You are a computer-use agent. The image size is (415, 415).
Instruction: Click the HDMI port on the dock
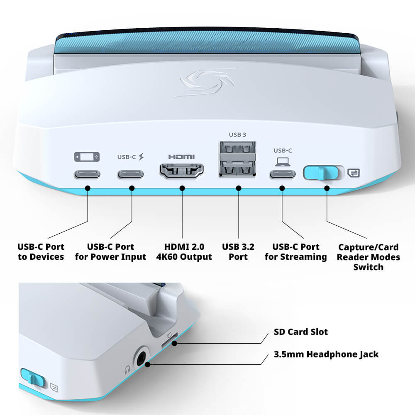(182, 171)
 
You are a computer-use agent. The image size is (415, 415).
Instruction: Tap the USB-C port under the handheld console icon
(87, 173)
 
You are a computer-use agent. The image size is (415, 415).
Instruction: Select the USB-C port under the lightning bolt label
(131, 173)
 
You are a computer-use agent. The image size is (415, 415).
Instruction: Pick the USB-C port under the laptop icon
(283, 173)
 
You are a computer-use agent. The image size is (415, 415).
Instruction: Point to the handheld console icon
(87, 157)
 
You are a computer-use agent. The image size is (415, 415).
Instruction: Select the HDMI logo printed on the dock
(181, 157)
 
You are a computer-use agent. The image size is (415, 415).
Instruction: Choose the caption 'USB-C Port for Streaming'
(295, 252)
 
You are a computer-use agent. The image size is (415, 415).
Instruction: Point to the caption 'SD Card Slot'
(300, 332)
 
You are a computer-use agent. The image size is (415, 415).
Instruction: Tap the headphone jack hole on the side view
(142, 356)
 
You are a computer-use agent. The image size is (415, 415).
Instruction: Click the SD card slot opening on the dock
(168, 343)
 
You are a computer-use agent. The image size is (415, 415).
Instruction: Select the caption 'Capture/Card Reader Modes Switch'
(368, 257)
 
